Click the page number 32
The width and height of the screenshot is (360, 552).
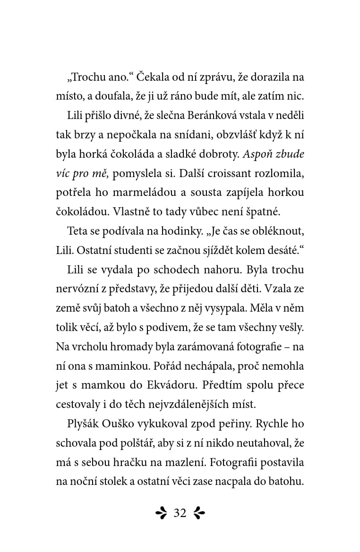[180, 513]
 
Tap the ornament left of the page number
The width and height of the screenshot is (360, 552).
[162, 513]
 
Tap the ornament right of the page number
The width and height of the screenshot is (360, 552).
[199, 513]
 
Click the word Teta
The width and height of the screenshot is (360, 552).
[77, 231]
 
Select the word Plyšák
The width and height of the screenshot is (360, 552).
[83, 424]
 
